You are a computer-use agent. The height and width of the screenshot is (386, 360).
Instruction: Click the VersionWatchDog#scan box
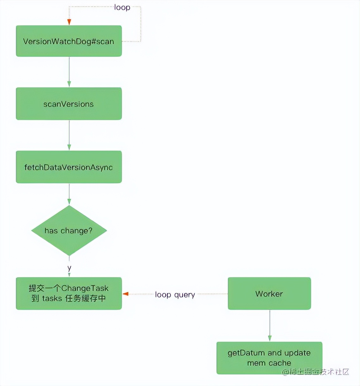click(x=69, y=41)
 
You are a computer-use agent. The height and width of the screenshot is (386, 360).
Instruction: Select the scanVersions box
click(x=69, y=104)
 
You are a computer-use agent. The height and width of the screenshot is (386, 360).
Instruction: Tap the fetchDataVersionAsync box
click(x=69, y=167)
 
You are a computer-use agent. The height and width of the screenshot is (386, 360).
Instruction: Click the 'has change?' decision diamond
click(x=69, y=230)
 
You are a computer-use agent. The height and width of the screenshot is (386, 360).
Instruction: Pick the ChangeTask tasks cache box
click(x=69, y=293)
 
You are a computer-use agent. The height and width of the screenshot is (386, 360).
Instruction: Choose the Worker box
click(x=269, y=294)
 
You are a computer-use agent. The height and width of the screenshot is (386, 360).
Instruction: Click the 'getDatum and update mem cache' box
click(x=269, y=358)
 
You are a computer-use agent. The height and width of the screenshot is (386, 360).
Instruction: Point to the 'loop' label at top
click(x=122, y=7)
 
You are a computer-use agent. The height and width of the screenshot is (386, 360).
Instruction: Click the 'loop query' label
click(x=175, y=295)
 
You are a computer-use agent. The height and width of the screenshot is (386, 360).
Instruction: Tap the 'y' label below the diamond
click(x=69, y=268)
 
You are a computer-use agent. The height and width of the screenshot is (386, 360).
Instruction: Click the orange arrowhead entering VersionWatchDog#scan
click(x=69, y=22)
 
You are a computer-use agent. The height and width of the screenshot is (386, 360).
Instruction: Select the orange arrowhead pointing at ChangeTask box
click(x=126, y=294)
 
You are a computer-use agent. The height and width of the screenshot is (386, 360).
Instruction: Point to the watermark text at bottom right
click(x=315, y=372)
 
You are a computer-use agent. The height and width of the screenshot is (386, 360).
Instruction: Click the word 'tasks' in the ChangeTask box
click(x=52, y=298)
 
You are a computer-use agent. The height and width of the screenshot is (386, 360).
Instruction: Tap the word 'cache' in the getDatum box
click(x=280, y=363)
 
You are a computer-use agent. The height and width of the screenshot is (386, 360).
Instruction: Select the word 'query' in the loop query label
click(x=184, y=295)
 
